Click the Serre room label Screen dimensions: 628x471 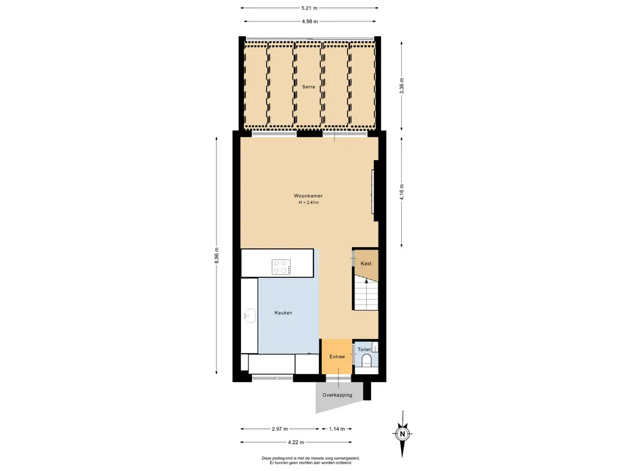coord(308,86)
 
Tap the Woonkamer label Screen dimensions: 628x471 coord(308,196)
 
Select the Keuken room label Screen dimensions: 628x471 coord(283,313)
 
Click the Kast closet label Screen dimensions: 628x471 coord(366,264)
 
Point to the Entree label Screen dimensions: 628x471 coord(337,356)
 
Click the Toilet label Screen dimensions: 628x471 coord(364,349)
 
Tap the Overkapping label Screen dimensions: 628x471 coord(337,395)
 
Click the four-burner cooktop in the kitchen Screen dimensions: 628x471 coord(281,267)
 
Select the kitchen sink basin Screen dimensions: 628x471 coord(250,315)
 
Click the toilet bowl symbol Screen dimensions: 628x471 coord(367,361)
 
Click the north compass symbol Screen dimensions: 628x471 coord(403,434)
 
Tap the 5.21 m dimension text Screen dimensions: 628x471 coord(310,7)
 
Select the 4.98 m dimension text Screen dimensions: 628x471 coord(310,21)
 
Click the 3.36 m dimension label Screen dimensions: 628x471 coord(402,86)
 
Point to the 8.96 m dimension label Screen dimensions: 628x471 coord(216,256)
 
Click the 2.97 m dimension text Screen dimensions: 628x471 coord(280,429)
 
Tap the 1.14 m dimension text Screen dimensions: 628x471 coord(337,429)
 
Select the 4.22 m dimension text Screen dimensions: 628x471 coord(296,442)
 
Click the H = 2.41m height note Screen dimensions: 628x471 coord(308,202)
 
